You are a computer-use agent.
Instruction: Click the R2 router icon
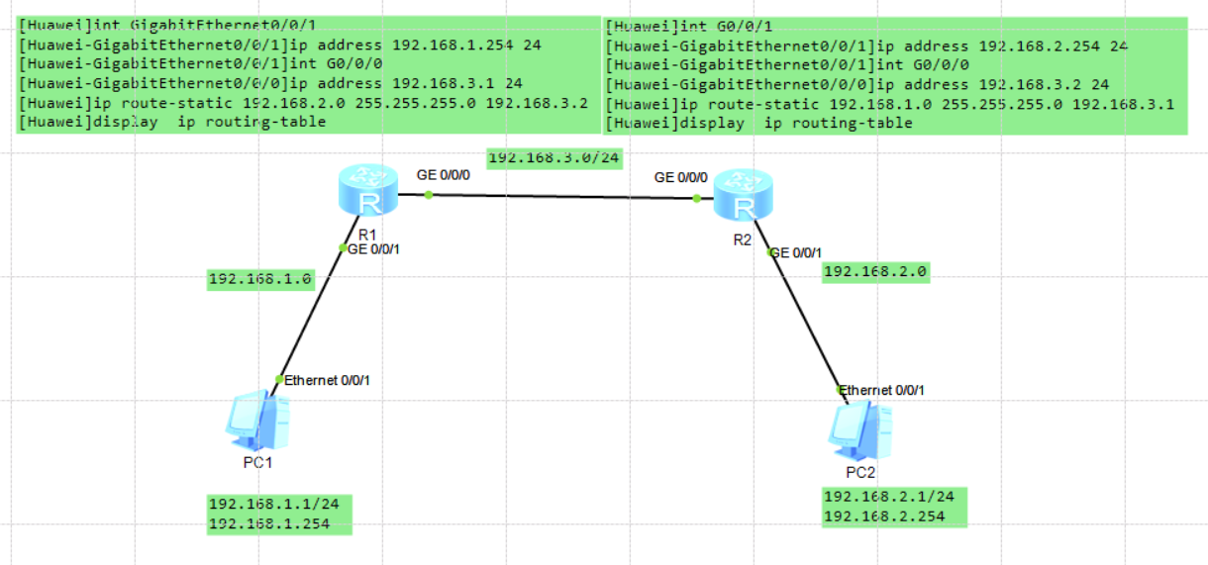coord(746,195)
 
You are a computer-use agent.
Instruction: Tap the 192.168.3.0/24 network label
coord(554,157)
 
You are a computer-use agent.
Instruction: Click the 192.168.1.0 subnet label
coord(260,280)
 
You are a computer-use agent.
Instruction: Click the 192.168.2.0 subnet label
coord(876,271)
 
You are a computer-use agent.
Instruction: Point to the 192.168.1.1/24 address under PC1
coord(273,505)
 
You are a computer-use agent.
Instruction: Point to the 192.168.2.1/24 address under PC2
coord(888,496)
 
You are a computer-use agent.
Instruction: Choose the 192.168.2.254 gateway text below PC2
coord(883,516)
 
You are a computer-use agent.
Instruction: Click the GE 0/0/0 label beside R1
coord(444,174)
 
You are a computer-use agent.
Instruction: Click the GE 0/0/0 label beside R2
coord(680,178)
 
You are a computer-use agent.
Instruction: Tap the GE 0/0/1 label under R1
coord(373,249)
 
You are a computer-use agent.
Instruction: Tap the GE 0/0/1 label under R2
coord(795,253)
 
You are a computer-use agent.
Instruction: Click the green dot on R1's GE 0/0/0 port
coord(429,195)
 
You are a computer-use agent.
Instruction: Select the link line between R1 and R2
coord(562,197)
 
